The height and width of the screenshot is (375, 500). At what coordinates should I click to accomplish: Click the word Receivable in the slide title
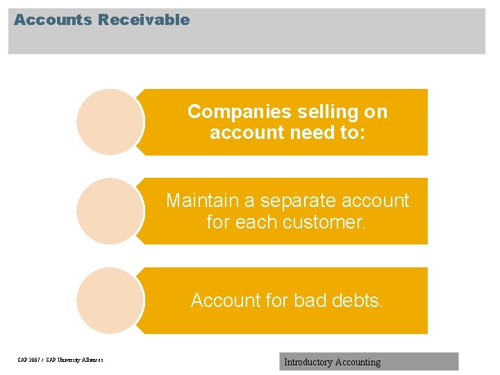click(144, 20)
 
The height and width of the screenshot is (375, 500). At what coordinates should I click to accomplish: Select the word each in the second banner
click(260, 222)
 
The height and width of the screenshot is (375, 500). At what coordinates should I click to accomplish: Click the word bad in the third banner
click(310, 300)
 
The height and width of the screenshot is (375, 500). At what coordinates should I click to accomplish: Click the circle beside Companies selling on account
click(109, 122)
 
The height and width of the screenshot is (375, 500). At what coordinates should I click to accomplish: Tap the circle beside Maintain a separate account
click(109, 211)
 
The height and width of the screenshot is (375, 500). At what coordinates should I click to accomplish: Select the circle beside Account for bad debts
click(109, 301)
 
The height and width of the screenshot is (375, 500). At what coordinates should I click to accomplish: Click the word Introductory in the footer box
click(308, 362)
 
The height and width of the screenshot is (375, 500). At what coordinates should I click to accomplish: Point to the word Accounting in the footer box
click(358, 362)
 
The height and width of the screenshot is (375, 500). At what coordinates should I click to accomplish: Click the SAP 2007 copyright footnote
click(60, 360)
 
